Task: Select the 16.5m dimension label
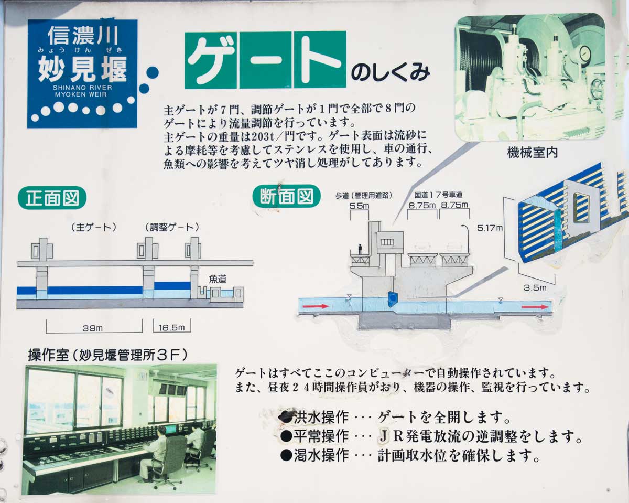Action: [x=172, y=328]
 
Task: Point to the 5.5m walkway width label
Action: [x=359, y=206]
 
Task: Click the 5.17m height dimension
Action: [x=490, y=228]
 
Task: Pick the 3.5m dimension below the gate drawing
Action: [x=535, y=287]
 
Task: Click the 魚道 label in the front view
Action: [x=218, y=279]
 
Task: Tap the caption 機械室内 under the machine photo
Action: [x=532, y=153]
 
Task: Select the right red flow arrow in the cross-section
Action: [x=535, y=307]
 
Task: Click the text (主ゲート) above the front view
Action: [x=94, y=228]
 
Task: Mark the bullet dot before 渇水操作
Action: [x=286, y=455]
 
